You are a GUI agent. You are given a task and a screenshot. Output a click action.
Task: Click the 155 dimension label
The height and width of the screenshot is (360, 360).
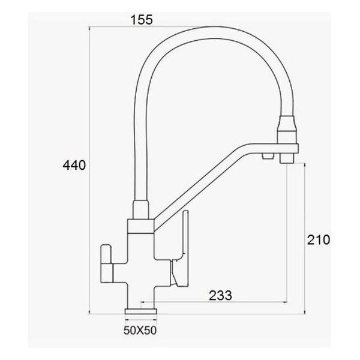tap(142, 20)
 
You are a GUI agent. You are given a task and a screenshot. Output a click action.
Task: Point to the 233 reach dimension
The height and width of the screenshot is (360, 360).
tap(220, 295)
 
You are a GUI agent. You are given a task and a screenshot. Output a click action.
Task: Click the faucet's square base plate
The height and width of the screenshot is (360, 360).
tap(140, 312)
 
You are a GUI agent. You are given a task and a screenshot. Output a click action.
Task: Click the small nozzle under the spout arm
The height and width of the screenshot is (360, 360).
tap(266, 157)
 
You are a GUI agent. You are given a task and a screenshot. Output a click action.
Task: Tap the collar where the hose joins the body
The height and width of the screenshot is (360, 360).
tap(140, 226)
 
